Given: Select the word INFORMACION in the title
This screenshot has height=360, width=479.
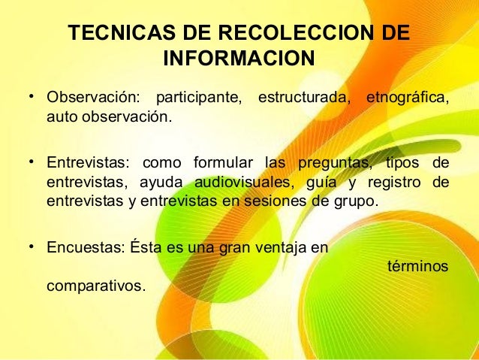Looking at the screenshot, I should coord(238,59).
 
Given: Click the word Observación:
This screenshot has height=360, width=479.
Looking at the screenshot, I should coord(93,98).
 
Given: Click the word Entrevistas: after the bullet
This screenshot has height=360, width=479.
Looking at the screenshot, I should coord(87,163).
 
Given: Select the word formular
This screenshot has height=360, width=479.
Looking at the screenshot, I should coord(223,163).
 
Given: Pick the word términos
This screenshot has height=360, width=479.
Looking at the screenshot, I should coord(418,267).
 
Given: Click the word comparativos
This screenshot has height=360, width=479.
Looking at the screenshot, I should coord(96,286).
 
